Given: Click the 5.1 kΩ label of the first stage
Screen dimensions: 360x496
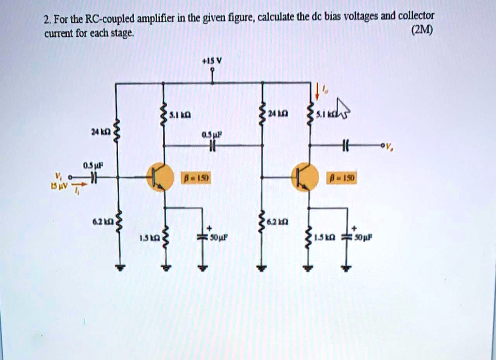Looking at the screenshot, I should click(x=180, y=115).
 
